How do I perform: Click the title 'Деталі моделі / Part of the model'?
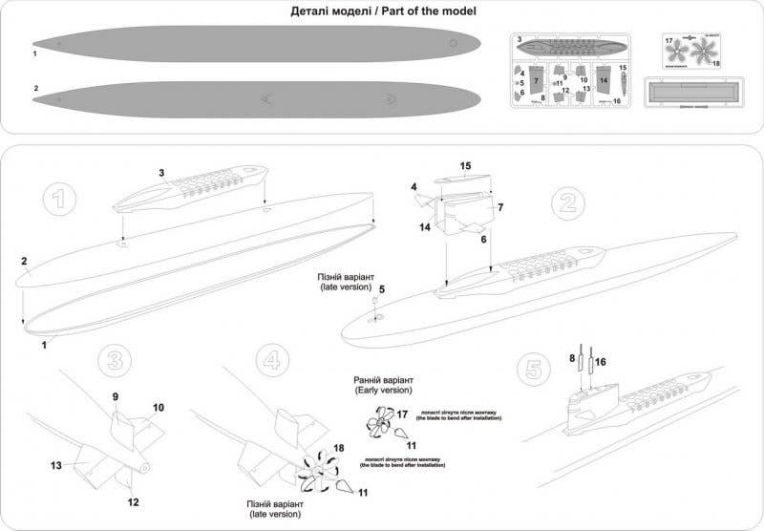pos(382,11)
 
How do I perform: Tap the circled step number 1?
pos(59,200)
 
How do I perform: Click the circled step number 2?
pos(566,202)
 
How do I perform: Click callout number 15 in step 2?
pos(465,166)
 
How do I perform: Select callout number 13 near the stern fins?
pos(55,464)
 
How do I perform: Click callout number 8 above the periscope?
pos(572,358)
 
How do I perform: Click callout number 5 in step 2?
pos(381,287)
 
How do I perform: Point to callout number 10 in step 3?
pos(159,408)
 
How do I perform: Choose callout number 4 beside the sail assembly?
pos(414,187)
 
